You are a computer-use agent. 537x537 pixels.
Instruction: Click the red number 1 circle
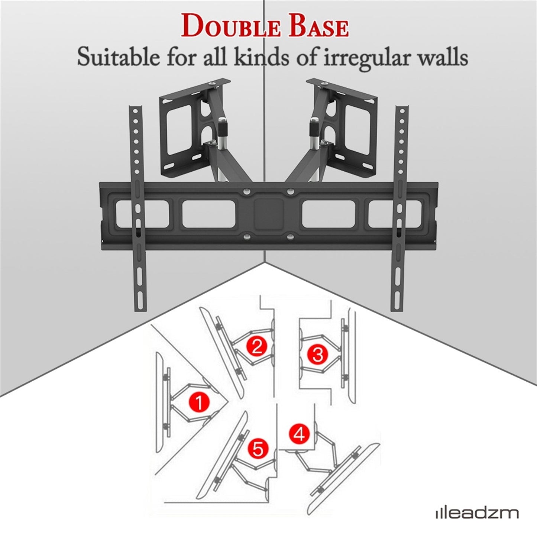tap(200, 402)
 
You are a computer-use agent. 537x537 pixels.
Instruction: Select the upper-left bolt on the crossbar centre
tap(246, 191)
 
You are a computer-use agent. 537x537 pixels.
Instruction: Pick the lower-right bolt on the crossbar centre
tap(291, 236)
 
